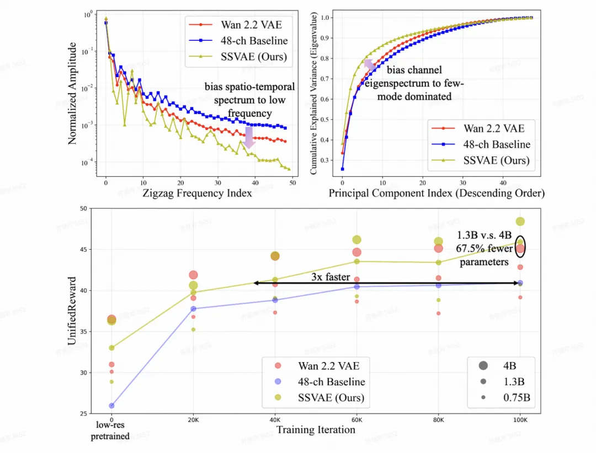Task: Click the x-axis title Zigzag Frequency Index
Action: pyautogui.click(x=198, y=193)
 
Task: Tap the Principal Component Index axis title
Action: pyautogui.click(x=437, y=193)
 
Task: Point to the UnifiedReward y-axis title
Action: pyautogui.click(x=72, y=310)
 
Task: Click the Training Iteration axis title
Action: pyautogui.click(x=316, y=429)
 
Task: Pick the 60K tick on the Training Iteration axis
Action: pyautogui.click(x=357, y=419)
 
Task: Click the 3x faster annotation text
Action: pyautogui.click(x=331, y=277)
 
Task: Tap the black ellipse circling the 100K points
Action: pyautogui.click(x=520, y=246)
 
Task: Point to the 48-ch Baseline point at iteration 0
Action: pyautogui.click(x=111, y=406)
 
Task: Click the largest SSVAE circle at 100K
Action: pyautogui.click(x=520, y=222)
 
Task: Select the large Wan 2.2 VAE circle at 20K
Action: pyautogui.click(x=193, y=275)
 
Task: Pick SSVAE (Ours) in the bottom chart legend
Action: pyautogui.click(x=330, y=397)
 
